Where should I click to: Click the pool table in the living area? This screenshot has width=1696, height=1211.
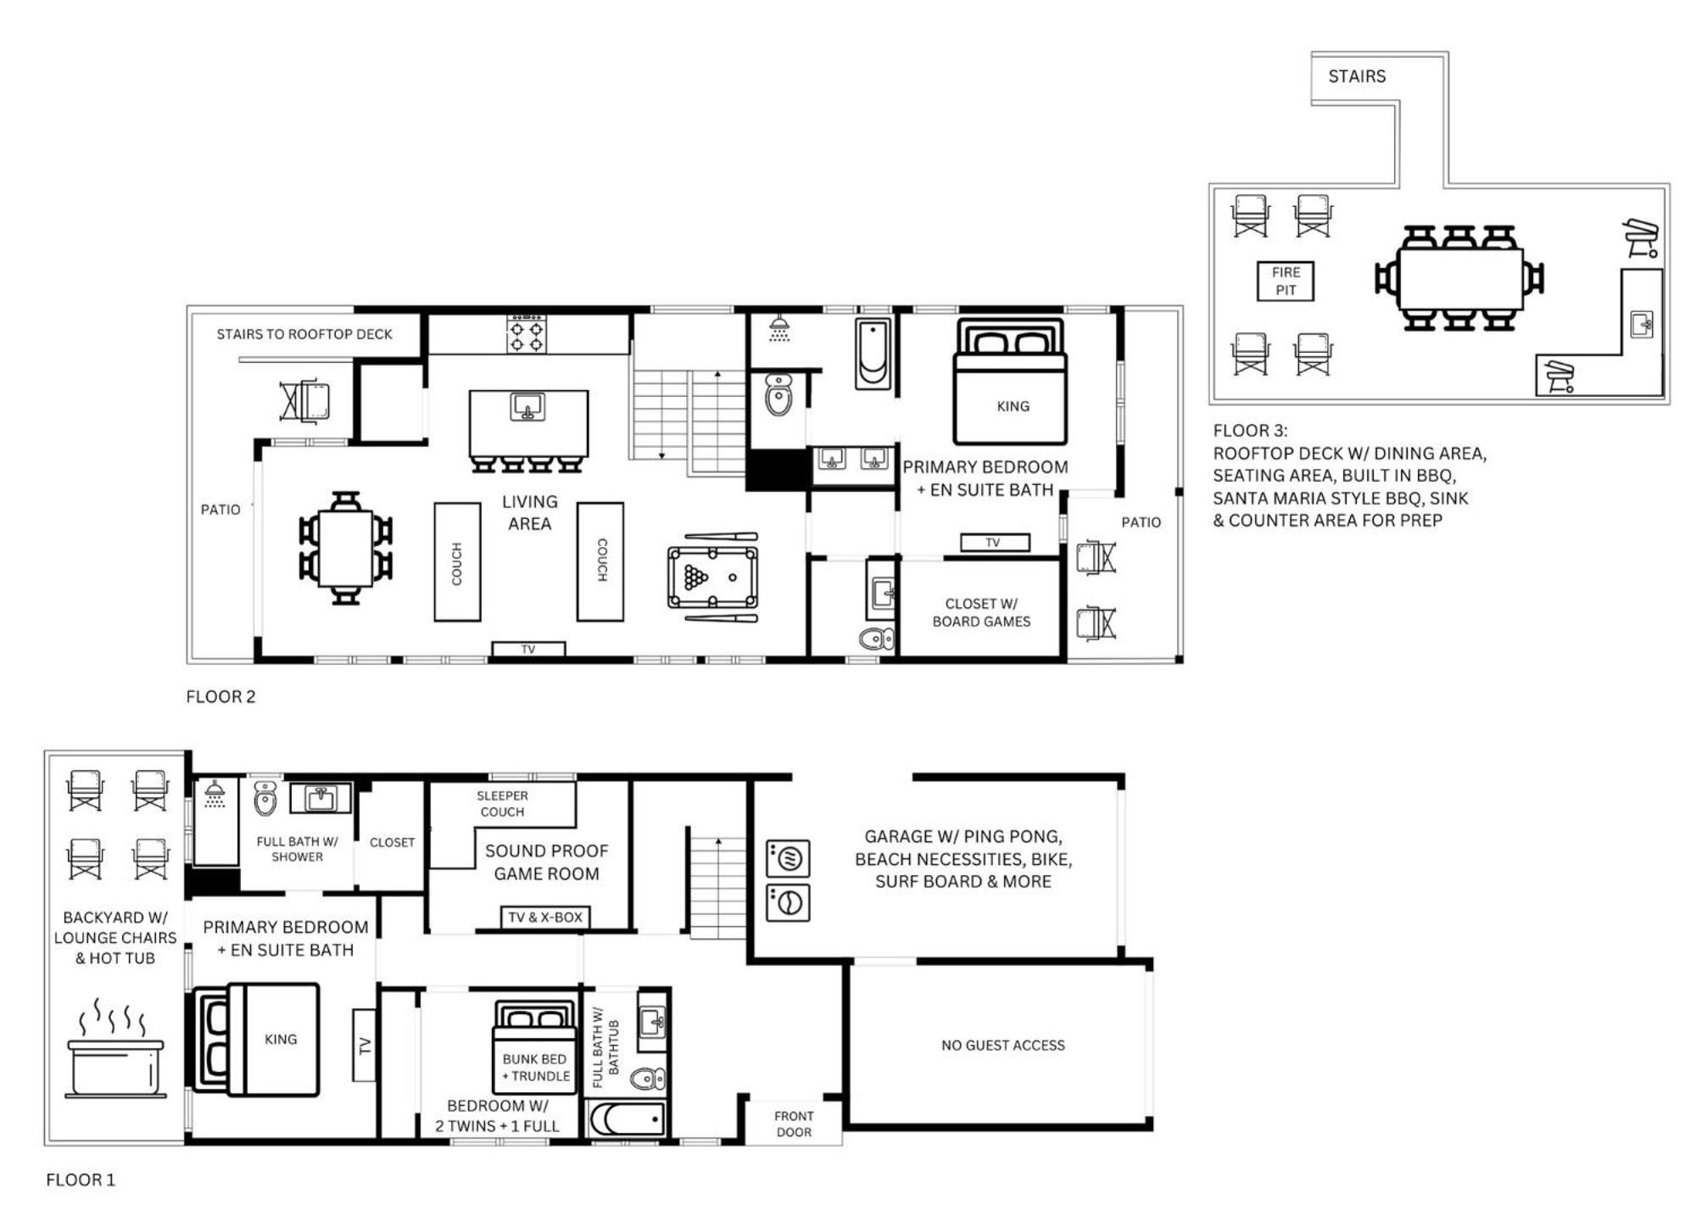click(x=712, y=578)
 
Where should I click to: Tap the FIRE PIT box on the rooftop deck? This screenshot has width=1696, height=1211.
click(x=1286, y=282)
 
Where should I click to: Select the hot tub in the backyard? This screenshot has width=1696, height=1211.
click(x=115, y=1068)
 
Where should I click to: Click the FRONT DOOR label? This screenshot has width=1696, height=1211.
click(x=794, y=1124)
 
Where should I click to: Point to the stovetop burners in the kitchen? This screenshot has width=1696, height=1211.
click(x=527, y=334)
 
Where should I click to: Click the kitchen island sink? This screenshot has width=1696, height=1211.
click(x=527, y=407)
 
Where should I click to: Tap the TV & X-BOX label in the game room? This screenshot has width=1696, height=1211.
click(x=545, y=918)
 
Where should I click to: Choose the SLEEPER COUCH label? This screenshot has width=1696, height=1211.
click(x=502, y=804)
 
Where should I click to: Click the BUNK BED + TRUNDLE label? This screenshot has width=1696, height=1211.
click(x=536, y=1068)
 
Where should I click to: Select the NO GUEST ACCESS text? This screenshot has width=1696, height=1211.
click(x=1003, y=1046)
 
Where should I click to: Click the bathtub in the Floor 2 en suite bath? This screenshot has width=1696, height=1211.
click(x=873, y=354)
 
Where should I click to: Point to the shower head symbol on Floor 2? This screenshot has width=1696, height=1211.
click(x=779, y=328)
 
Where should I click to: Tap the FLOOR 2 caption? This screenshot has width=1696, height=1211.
click(x=220, y=697)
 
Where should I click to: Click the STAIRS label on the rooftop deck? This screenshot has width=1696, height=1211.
click(x=1357, y=76)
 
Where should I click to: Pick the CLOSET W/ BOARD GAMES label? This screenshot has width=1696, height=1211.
click(x=981, y=612)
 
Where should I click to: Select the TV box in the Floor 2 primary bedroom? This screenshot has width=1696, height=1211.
click(x=995, y=543)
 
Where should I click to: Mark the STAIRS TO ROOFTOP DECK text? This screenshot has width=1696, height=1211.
click(x=304, y=334)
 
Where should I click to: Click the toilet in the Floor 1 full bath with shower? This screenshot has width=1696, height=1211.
click(x=265, y=798)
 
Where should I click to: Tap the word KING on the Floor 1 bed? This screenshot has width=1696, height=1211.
click(x=281, y=1040)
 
